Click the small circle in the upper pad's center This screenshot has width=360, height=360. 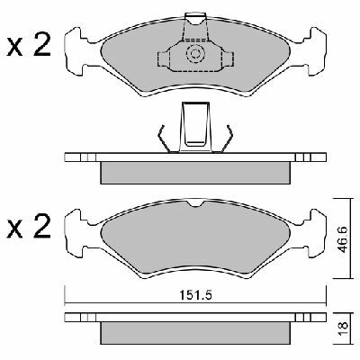point(193,56)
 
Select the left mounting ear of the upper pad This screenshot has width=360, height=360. point(78,54)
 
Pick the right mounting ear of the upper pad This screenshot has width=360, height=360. point(310,54)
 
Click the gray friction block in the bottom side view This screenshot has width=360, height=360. point(194,333)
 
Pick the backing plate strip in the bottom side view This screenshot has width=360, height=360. point(194,318)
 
